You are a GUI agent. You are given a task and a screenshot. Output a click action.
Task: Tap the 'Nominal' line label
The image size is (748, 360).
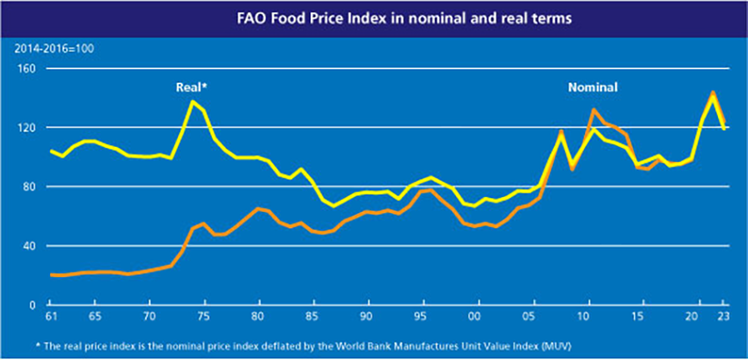[x=592, y=87]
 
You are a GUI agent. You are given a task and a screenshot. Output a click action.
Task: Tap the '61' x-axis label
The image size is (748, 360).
[x=50, y=317]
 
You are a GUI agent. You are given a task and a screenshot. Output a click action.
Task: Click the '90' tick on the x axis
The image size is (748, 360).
[x=367, y=317]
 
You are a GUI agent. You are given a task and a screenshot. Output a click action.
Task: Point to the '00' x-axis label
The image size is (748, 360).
[x=475, y=317]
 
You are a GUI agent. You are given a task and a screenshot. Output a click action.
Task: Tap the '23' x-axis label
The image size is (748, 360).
[x=723, y=317]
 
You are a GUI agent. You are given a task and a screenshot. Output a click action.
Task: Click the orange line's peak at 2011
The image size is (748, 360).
[x=593, y=109]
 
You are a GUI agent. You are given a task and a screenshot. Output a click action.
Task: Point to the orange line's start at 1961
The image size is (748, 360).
[x=50, y=275]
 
